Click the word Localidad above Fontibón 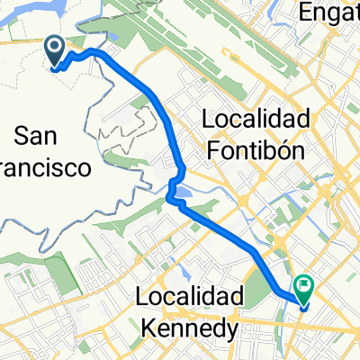coord(256,119)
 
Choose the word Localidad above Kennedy coord(191,296)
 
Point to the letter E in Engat coord(308,12)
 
